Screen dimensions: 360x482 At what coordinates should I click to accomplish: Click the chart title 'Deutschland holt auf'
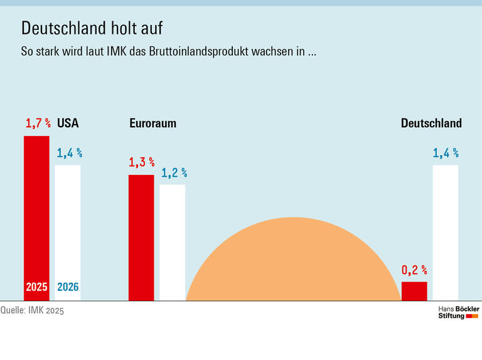point(95,28)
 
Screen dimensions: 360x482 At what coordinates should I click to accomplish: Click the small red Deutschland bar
point(414,291)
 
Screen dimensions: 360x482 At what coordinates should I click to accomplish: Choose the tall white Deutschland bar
point(446,232)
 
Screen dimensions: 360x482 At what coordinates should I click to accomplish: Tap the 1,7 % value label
point(38,124)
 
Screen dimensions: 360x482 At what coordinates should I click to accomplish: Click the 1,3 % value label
point(141,163)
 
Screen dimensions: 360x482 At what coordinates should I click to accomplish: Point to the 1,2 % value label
point(174,173)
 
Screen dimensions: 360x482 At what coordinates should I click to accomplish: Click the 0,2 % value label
point(414,270)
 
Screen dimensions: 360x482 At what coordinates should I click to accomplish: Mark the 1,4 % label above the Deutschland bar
point(446,153)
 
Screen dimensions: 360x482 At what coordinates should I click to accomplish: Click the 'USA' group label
point(68,124)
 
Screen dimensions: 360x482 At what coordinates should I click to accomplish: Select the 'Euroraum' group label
point(153,124)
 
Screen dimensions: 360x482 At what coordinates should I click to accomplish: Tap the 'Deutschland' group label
point(431,124)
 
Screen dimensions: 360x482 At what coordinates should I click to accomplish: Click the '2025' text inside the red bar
point(36,287)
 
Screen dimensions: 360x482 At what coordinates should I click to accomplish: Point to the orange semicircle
point(293,263)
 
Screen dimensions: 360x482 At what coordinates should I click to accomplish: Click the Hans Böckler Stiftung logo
point(458,312)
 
